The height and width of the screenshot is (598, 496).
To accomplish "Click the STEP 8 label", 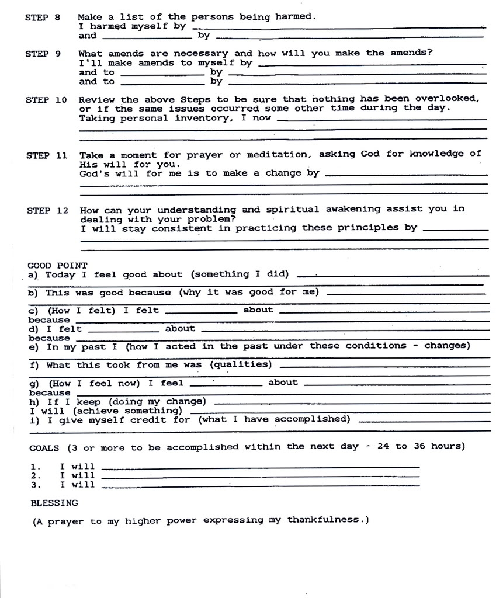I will click(43, 18).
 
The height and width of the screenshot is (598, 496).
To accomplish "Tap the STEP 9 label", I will click(43, 54).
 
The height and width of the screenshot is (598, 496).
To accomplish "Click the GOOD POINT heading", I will click(57, 265).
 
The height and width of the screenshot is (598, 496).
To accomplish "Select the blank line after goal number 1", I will click(260, 467).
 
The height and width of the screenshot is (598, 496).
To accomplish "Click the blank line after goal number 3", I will click(260, 486).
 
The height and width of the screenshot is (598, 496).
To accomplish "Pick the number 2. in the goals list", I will click(35, 475).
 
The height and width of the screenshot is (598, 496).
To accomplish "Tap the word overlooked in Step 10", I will click(447, 99).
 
